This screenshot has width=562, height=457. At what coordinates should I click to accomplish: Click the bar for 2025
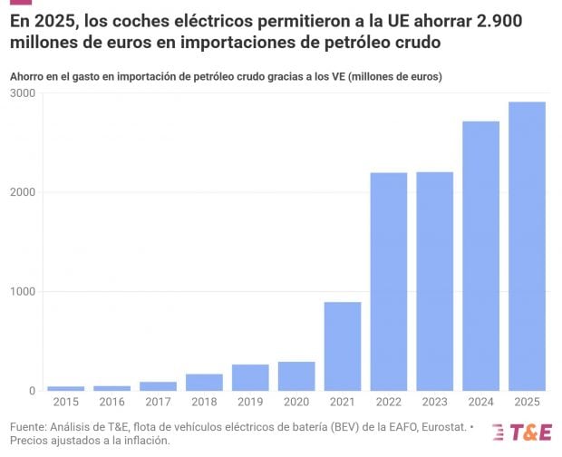point(527,246)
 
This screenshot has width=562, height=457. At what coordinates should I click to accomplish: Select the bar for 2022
point(389,281)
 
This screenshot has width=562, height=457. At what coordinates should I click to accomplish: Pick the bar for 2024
point(480,256)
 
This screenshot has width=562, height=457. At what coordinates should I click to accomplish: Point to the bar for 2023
point(434,281)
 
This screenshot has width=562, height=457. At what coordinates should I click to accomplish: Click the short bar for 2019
point(250,377)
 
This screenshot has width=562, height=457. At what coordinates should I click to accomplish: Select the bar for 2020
point(296,376)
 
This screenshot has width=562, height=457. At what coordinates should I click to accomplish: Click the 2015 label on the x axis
point(65,402)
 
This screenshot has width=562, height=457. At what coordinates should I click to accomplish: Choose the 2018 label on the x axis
point(204,402)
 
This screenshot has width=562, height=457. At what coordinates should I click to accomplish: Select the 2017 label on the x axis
point(158,402)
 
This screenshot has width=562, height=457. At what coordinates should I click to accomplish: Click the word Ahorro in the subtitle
point(27,77)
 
